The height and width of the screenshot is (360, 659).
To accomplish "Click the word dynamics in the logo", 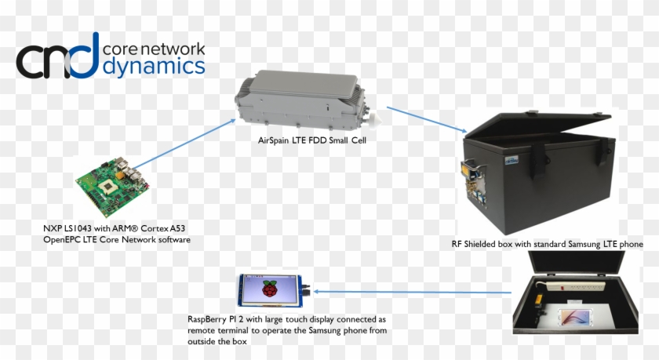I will click(x=154, y=66).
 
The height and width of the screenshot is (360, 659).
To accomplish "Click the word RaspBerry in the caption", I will click(x=210, y=320).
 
